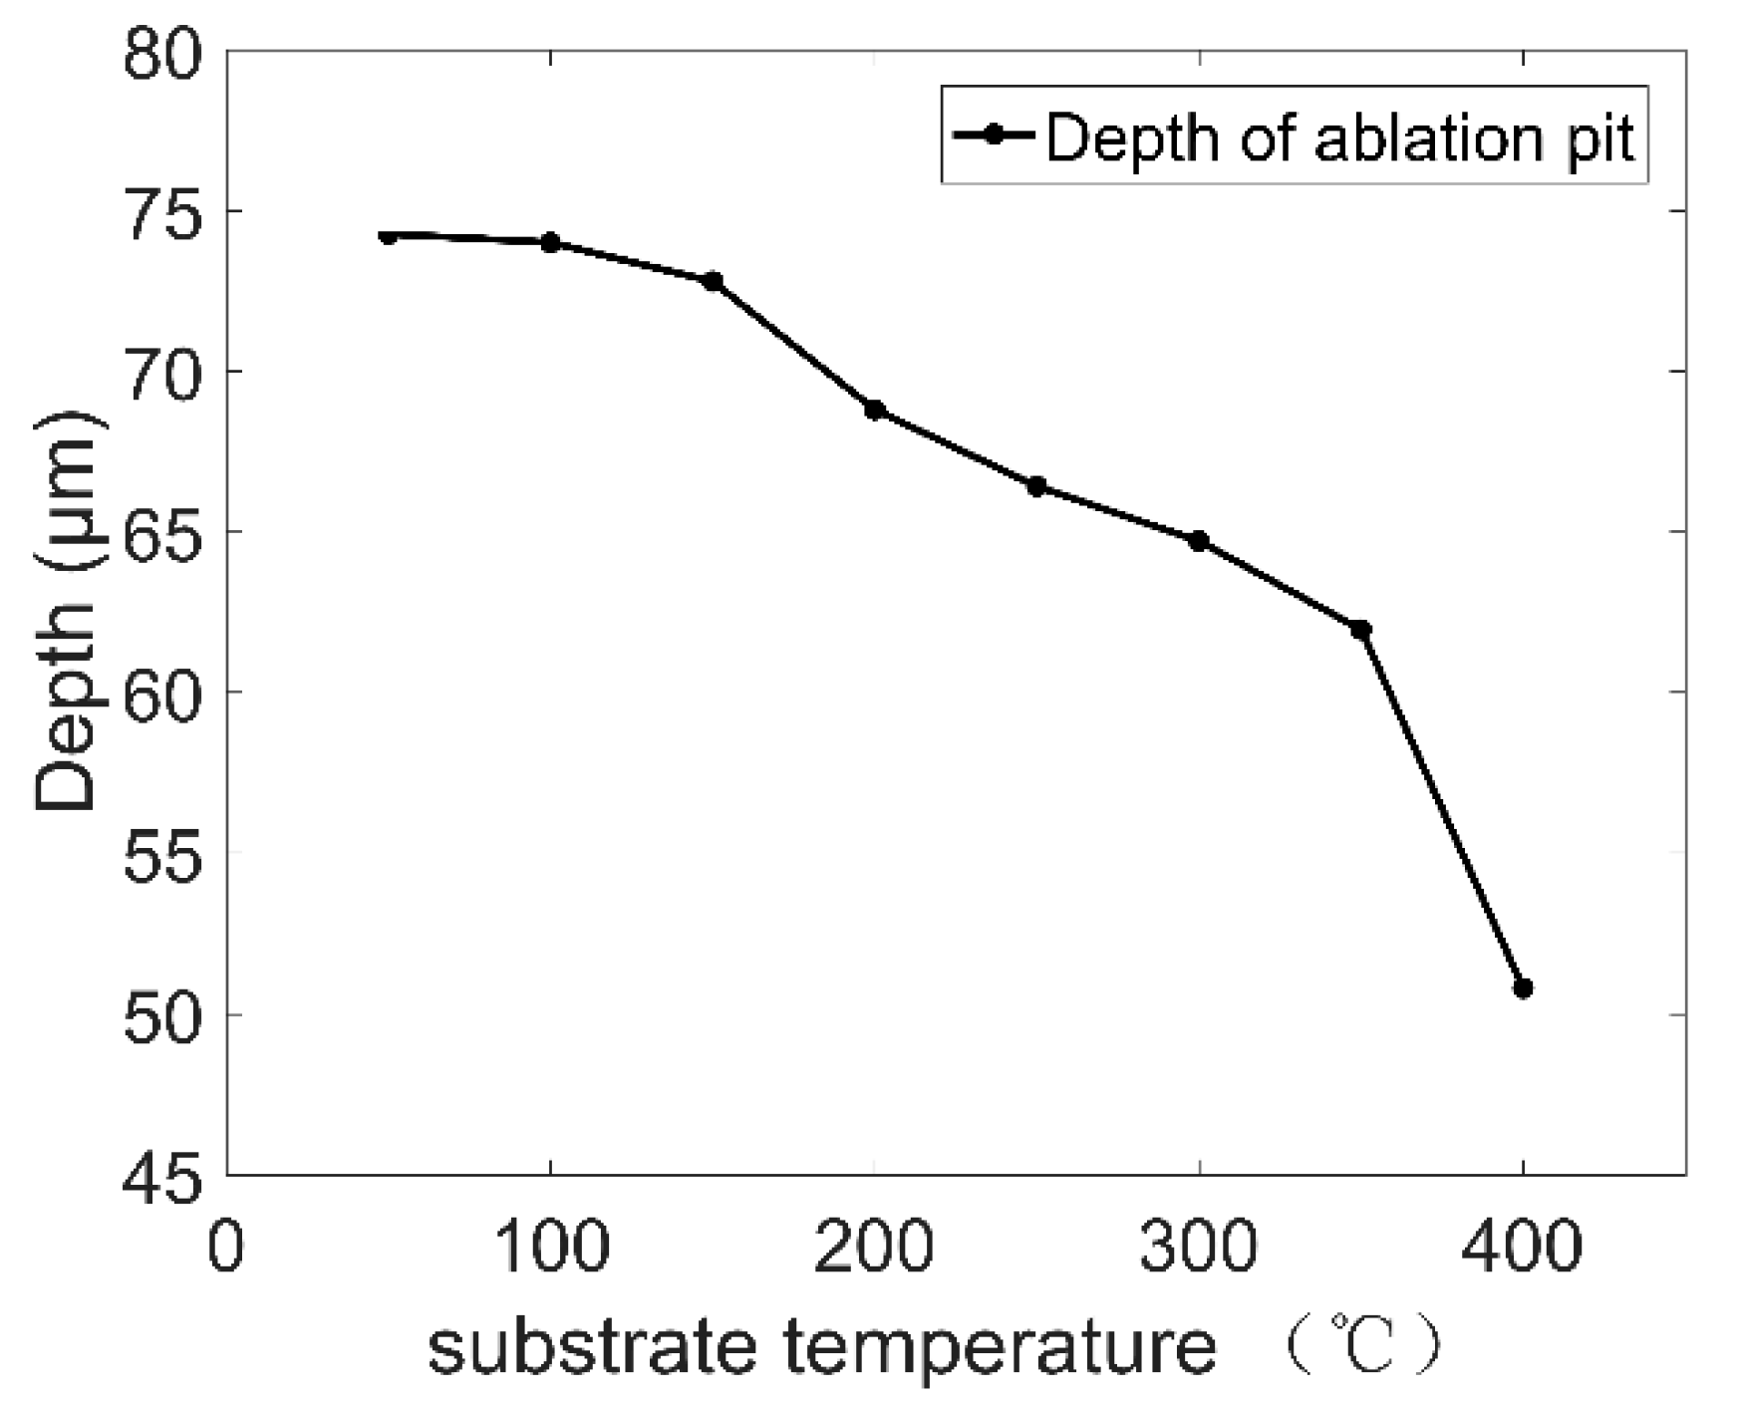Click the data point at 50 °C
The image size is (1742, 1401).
click(389, 236)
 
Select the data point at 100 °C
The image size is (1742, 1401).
click(550, 242)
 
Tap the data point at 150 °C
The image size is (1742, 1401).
click(713, 281)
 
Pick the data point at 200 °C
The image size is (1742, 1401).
click(875, 410)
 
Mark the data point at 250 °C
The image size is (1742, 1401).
click(1036, 486)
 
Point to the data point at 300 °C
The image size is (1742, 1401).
click(1199, 540)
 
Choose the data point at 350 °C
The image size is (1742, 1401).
click(1361, 629)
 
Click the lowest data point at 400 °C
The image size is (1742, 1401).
click(1523, 987)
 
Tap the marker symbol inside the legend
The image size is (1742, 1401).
click(993, 135)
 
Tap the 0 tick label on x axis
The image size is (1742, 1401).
click(227, 1248)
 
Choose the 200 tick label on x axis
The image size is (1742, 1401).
click(874, 1248)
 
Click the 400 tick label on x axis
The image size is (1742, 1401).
click(1523, 1248)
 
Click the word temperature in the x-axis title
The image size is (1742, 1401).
click(1000, 1348)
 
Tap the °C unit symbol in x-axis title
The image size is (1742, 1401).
click(1363, 1347)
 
